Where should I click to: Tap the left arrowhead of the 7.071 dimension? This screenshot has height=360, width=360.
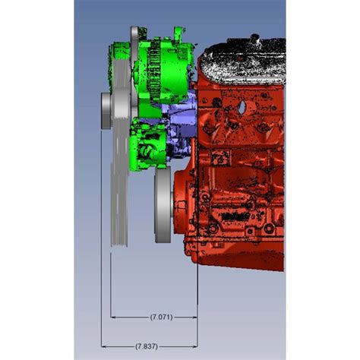pyautogui.click(x=114, y=315)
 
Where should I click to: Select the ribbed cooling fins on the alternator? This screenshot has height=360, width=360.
pyautogui.click(x=156, y=68)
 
